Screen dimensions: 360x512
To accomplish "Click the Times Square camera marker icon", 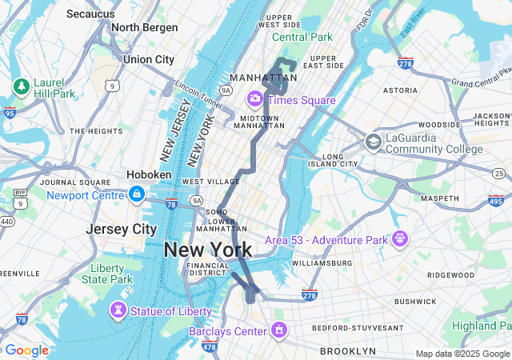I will tap(256, 99).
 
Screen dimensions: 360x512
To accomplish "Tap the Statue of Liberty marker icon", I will tap(119, 310).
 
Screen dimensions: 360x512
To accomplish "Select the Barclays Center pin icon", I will tap(279, 329).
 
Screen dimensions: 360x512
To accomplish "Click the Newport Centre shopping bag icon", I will tap(137, 194).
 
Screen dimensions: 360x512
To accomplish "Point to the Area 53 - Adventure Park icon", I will tap(400, 238).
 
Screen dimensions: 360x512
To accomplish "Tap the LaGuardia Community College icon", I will tap(372, 142).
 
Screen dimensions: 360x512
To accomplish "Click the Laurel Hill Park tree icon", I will tap(21, 86).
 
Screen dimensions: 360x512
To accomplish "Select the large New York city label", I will tap(207, 250).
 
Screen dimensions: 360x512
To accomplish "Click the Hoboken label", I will tap(149, 174).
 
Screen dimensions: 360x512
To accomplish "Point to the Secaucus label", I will tap(90, 14).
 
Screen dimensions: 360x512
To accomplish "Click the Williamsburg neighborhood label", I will tap(322, 262).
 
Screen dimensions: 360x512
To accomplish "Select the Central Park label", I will tap(302, 37).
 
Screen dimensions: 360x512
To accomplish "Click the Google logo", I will tap(26, 350).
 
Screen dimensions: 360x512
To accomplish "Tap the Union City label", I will tap(149, 59).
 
